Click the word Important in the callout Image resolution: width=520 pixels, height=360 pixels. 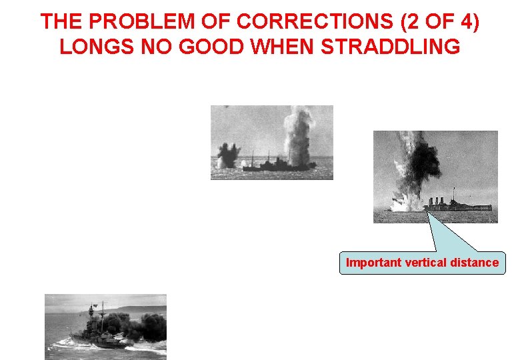(374, 263)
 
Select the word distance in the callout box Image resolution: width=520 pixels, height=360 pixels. (474, 263)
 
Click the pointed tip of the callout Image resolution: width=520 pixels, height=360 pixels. (426, 211)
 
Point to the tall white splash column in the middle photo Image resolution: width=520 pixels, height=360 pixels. (295, 137)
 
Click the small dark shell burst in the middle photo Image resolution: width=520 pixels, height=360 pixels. (228, 155)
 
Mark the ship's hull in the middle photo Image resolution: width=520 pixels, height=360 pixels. (277, 166)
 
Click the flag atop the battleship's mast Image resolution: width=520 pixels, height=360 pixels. (95, 305)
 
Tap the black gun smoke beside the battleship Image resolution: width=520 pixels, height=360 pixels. (143, 326)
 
